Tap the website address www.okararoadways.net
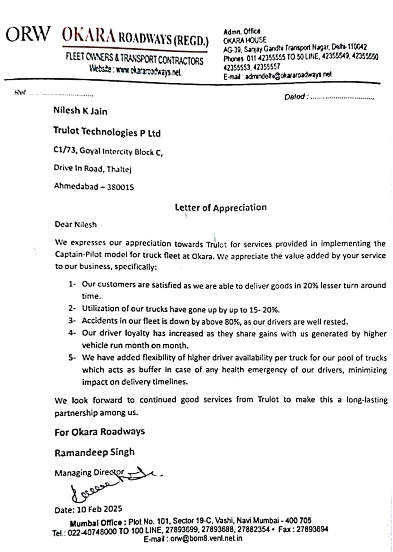(x=148, y=70)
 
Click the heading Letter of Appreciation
(x=221, y=208)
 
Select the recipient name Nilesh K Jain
(x=80, y=111)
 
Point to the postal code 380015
(x=121, y=187)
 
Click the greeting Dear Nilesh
(x=76, y=225)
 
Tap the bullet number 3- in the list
(x=72, y=321)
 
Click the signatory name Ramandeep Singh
(x=94, y=452)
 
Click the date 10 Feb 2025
(x=99, y=509)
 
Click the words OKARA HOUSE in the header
(x=245, y=40)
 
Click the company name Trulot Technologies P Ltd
(x=107, y=132)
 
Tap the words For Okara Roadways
(x=99, y=432)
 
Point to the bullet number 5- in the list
(x=72, y=358)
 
